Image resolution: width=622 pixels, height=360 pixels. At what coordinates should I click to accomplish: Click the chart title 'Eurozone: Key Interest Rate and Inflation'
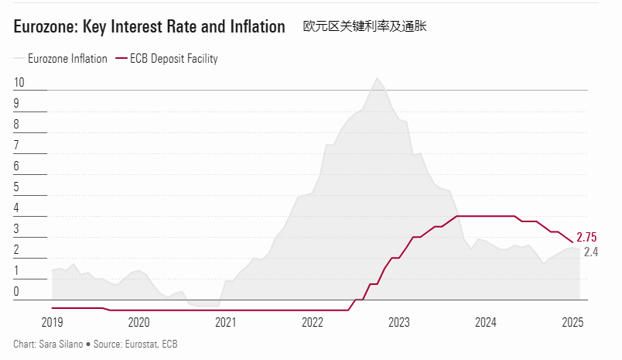(x=149, y=27)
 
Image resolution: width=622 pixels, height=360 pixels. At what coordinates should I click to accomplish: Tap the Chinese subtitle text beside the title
(x=365, y=26)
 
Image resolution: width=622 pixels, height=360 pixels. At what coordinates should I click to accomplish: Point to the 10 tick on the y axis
(x=19, y=83)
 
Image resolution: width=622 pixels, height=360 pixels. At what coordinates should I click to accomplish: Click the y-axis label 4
(x=16, y=208)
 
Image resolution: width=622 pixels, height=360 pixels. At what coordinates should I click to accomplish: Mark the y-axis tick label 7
(x=16, y=146)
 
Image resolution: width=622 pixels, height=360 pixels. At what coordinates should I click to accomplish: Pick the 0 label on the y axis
(x=16, y=292)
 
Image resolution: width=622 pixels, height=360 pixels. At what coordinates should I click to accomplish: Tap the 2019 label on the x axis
(x=52, y=322)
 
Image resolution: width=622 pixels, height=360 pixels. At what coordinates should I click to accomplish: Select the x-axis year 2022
(x=312, y=322)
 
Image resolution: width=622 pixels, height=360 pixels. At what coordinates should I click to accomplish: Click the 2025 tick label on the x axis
(x=572, y=322)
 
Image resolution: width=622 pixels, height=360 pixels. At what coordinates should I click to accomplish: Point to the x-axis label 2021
(x=225, y=322)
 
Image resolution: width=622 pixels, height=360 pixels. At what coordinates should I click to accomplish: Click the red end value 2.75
(x=588, y=238)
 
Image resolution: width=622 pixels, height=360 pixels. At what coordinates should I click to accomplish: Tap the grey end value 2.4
(x=590, y=252)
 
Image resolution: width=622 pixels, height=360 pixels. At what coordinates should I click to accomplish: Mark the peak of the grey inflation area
(x=377, y=78)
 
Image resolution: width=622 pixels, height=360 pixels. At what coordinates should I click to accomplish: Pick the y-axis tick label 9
(x=16, y=104)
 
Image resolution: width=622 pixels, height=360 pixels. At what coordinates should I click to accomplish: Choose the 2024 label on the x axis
(x=485, y=322)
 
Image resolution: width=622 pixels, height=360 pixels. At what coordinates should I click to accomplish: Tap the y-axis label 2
(x=16, y=250)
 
